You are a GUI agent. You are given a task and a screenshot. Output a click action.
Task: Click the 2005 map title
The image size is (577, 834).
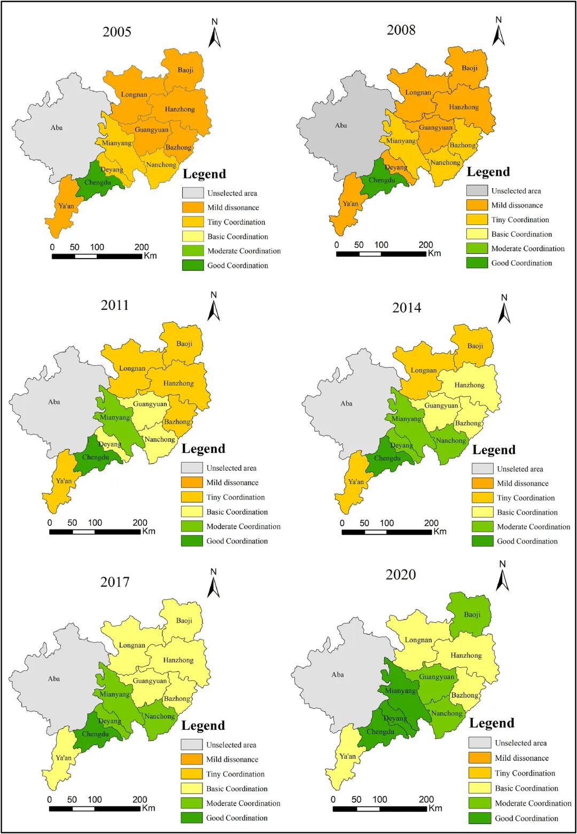[116, 32]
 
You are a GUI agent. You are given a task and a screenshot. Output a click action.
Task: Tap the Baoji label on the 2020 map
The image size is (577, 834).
[472, 614]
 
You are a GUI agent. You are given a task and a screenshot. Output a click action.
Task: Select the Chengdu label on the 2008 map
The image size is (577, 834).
[382, 180]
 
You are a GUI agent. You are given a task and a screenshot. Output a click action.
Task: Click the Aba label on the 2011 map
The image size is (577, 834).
[54, 402]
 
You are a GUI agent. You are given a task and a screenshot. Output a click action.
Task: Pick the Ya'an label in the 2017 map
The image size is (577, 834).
[64, 758]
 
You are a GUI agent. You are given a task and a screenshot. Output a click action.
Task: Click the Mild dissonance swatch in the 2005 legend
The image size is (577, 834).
[193, 207]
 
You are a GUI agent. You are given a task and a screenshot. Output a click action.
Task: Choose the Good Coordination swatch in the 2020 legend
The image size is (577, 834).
[480, 818]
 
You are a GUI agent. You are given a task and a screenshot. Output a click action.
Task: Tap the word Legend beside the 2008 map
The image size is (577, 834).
[488, 172]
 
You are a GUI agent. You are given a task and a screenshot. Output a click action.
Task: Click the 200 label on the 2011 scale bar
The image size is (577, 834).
[140, 523]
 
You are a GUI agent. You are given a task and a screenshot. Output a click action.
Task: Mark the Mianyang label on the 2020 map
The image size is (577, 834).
[400, 691]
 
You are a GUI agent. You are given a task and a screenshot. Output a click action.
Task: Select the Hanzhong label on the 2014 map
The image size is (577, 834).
[469, 385]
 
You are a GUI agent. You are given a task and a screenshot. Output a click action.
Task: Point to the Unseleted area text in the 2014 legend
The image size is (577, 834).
[520, 469]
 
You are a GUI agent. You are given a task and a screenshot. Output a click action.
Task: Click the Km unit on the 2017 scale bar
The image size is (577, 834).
[149, 808]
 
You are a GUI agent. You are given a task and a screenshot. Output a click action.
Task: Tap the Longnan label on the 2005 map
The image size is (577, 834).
[134, 95]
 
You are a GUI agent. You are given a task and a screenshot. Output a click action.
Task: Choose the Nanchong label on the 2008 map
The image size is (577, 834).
[445, 162]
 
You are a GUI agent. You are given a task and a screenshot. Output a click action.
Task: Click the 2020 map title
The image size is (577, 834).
[401, 574]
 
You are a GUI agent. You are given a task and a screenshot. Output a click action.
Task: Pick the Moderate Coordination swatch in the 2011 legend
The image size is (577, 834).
[192, 526]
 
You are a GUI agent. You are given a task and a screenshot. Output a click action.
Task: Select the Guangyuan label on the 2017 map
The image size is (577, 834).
[150, 681]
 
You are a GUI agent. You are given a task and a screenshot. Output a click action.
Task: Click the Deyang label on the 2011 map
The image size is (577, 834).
[110, 444]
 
